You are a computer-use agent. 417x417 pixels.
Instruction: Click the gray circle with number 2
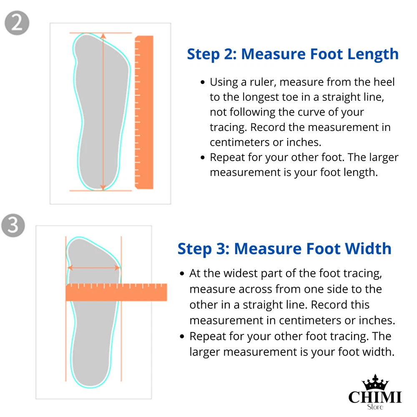17,23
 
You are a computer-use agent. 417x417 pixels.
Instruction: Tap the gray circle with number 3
13,226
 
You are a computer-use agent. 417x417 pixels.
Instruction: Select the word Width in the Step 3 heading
368,249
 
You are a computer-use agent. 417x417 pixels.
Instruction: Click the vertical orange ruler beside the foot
144,112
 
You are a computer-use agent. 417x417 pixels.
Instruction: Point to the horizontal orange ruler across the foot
116,292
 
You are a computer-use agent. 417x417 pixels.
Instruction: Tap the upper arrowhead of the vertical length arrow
103,36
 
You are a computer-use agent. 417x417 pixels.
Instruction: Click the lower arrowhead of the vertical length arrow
103,188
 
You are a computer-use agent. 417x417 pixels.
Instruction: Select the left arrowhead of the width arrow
70,268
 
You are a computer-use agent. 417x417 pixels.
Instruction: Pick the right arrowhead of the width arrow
117,268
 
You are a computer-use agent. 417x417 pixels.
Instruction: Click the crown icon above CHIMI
375,382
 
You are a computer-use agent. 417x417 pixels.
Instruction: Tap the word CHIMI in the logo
375,397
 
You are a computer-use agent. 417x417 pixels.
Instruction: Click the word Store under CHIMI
375,407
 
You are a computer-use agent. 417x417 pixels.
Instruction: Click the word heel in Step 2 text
384,82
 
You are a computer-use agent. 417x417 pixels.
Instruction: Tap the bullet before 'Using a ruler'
203,82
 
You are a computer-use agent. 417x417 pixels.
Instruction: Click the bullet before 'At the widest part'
182,274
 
